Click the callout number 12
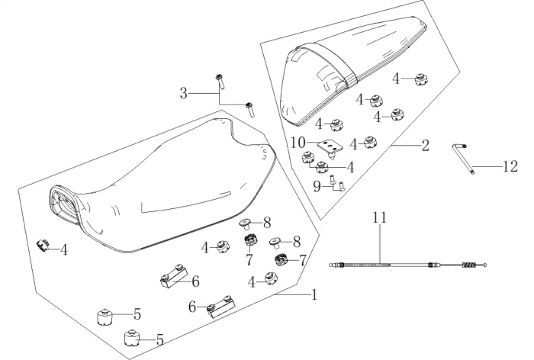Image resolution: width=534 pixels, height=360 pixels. point(510,166)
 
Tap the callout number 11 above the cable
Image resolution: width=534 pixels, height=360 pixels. point(379,217)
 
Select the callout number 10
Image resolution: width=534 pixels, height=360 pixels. point(298,143)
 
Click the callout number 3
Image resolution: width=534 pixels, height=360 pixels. point(184,93)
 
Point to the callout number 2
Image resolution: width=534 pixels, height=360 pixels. point(426,146)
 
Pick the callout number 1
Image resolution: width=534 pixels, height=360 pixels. point(314,294)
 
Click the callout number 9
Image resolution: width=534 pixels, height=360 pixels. point(317,186)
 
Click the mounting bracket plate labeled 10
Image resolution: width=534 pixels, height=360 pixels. point(330,146)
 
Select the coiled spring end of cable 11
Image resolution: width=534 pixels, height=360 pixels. point(468,265)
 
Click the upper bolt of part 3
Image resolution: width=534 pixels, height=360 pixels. point(220,82)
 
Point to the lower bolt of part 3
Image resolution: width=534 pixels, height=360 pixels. point(250,109)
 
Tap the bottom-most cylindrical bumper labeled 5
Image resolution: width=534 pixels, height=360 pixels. point(131,338)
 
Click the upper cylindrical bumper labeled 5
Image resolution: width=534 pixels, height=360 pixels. point(105,317)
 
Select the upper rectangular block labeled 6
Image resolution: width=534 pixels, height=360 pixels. point(173,275)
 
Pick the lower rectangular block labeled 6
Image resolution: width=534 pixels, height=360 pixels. point(220,306)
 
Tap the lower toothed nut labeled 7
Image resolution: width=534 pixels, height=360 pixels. point(281,260)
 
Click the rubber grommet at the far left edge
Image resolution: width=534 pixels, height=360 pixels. point(43,246)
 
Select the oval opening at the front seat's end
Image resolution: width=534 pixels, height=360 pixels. point(64,204)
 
